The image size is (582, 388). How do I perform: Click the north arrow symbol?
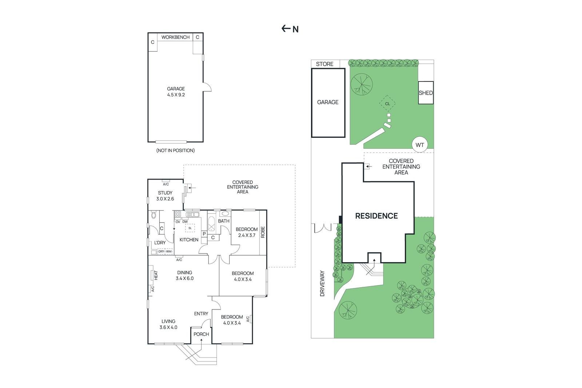pos(286,28)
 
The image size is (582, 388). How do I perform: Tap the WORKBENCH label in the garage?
pos(175,37)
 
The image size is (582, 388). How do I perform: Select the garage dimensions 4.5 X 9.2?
pos(176,95)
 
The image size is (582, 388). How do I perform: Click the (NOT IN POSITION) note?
pos(175,151)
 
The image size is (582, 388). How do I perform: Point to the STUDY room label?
pos(165,193)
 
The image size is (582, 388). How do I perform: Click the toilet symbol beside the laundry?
pos(153,215)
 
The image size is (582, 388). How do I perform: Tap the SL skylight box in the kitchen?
pos(190,228)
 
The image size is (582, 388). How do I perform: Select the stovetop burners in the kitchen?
pos(178,214)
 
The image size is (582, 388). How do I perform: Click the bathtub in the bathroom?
pos(211,224)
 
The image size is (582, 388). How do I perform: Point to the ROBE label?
pos(263,232)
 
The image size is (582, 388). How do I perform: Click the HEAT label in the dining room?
pos(156,275)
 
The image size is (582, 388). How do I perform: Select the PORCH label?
pos(201,334)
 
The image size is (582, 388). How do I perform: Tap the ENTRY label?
pos(201,313)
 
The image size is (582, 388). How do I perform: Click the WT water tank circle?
pos(420,145)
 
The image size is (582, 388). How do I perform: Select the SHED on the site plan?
pos(426,93)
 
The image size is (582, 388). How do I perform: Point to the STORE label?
pos(324,64)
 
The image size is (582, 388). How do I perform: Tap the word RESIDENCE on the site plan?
pos(376,216)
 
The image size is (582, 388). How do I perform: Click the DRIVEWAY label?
pos(322,283)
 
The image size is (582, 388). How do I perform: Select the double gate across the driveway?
pos(323,228)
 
